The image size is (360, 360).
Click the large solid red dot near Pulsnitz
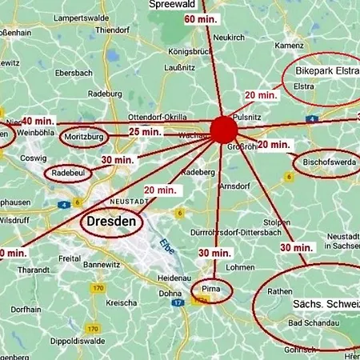coord(223,130)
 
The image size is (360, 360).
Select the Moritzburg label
coord(83,138)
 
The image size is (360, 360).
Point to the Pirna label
coord(211,288)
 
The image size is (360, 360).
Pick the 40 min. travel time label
coord(38,122)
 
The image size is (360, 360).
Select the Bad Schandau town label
coord(310,323)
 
